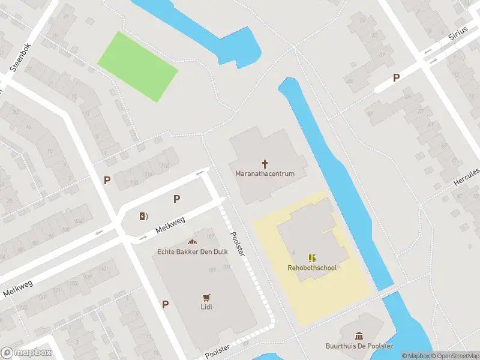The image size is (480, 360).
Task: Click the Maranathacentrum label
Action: [265, 174]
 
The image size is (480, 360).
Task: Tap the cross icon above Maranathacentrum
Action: [265, 163]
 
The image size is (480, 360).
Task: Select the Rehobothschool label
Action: [312, 268]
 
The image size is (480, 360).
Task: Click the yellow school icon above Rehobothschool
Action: [312, 257]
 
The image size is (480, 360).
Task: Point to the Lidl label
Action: [207, 307]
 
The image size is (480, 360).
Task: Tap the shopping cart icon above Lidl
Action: [207, 297]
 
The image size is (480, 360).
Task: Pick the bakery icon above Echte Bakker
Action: [192, 241]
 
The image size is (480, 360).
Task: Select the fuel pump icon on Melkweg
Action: [143, 217]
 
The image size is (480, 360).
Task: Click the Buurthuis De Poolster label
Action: [359, 346]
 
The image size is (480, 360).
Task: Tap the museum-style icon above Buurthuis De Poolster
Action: [359, 336]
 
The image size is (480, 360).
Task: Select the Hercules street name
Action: [467, 177]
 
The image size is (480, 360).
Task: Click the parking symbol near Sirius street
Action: [396, 77]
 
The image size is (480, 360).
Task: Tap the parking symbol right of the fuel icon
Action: [177, 199]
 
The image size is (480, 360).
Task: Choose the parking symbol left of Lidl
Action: [165, 304]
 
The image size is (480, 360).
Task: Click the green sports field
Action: [137, 67]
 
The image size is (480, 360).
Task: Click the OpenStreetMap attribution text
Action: [454, 356]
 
